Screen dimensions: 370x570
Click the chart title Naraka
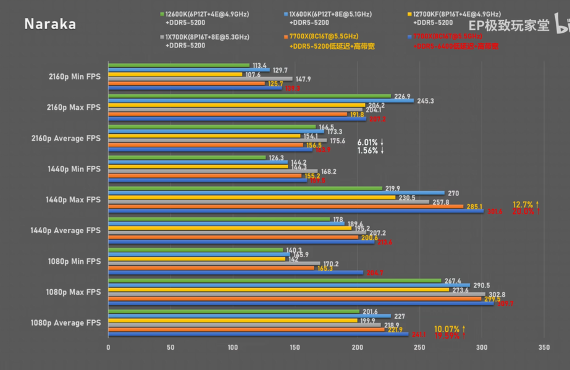tap(51, 24)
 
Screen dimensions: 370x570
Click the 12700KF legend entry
tap(456, 14)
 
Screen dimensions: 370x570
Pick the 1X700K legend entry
tap(207, 37)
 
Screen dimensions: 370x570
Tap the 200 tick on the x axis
tap(358, 347)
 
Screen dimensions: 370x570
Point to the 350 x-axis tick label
tap(543, 347)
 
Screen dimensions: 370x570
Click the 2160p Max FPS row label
tap(74, 107)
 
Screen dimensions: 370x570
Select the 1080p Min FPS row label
tap(74, 261)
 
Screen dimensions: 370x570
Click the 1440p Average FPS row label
tap(65, 231)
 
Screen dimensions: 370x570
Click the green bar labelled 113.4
tap(178, 65)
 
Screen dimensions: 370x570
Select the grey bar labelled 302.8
tap(296, 294)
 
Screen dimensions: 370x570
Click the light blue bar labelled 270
tap(276, 193)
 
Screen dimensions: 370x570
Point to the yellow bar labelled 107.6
tap(175, 74)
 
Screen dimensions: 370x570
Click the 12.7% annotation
tap(526, 203)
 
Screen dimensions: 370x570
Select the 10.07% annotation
tap(449, 329)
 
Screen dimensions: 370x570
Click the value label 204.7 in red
tap(375, 273)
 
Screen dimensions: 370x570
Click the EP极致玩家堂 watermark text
tap(508, 26)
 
